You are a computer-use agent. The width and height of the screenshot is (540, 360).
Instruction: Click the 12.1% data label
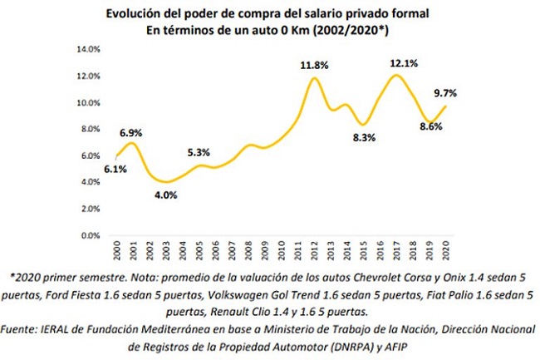[x=404, y=63]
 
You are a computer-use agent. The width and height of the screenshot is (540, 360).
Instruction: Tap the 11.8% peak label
[x=314, y=65]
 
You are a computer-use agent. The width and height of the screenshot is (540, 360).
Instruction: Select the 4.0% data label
[x=165, y=195]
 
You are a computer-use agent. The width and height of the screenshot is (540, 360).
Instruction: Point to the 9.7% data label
[x=445, y=93]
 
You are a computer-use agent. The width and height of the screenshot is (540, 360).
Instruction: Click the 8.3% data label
[x=364, y=138]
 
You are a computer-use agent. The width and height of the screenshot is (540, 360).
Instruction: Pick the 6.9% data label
[x=131, y=133]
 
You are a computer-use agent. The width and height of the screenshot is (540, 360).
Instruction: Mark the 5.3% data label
[x=199, y=152]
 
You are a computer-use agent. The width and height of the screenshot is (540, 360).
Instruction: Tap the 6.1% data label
[x=115, y=169]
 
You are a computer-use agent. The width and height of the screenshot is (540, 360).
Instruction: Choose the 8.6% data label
[x=431, y=126]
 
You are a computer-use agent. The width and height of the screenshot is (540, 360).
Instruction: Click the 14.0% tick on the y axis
[x=89, y=49]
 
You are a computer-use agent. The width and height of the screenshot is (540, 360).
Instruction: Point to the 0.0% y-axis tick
[x=91, y=235]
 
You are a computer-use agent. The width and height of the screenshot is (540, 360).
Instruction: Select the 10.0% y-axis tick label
[x=89, y=102]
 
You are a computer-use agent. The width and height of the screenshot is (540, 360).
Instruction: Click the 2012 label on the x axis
[x=314, y=250]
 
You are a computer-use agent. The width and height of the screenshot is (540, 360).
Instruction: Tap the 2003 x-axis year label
[x=166, y=250]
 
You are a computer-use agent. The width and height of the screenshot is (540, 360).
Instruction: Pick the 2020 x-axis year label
[x=446, y=250]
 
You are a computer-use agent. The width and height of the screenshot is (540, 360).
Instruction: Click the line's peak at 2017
[x=397, y=75]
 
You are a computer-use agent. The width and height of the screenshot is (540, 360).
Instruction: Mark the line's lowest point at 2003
[x=166, y=182]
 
